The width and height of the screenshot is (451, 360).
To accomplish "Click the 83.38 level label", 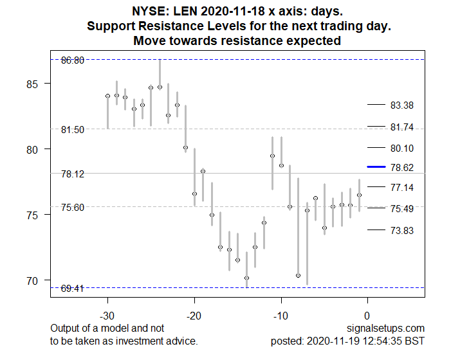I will pos(401,105).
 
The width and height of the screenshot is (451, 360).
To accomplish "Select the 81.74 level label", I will pos(401,127).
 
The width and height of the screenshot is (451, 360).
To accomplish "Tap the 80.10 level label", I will pos(401,148).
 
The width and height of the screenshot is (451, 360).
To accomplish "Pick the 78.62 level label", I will pos(401,167).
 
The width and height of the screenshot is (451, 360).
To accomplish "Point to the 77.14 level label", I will pos(401,187).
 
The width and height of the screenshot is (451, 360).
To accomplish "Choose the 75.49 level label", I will pos(401,209).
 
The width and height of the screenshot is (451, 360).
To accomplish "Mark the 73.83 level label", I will pos(401,230).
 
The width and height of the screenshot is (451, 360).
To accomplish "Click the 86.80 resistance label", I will pos(73,60).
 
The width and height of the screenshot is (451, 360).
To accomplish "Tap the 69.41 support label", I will pos(73,289).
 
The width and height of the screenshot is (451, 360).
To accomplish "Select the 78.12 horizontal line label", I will pos(73,174).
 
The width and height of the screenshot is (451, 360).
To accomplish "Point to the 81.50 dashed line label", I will pos(73,129).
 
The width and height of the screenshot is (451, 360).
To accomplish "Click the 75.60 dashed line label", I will pos(73,207).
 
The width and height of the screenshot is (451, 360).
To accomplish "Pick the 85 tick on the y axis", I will pos(32,84).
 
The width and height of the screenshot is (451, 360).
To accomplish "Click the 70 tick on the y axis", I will pos(32,280).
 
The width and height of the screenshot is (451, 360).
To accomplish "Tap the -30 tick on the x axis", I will pos(107,316).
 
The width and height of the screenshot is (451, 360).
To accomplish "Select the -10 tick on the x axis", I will pos(281,316).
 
